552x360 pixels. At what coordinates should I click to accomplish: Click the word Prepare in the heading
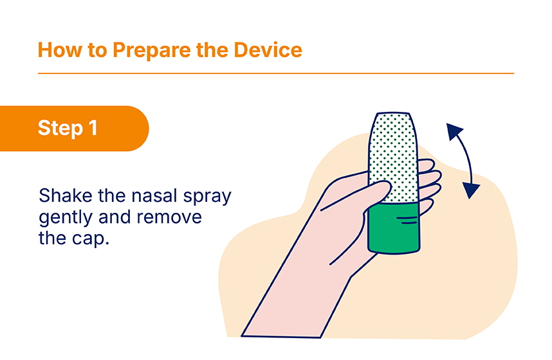coord(152,51)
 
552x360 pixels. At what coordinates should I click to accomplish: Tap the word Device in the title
coord(268,50)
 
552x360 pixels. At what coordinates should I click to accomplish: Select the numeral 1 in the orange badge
coord(93,127)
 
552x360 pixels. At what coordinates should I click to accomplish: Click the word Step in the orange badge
coord(60,129)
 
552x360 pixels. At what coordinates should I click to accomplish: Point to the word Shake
coord(66,195)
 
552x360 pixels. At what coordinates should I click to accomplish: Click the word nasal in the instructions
coord(154,195)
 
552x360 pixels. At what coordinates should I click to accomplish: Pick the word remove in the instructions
coord(169,217)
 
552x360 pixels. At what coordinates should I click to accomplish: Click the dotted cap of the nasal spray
coord(393,157)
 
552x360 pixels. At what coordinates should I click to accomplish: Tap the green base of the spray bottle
coord(394,228)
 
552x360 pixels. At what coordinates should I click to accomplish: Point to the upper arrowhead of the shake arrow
coord(454,131)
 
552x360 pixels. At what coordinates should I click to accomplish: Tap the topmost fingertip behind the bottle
coord(427,165)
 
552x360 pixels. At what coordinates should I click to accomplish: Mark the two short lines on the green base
coord(407,221)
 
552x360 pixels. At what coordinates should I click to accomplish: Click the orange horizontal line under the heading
coord(276,73)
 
